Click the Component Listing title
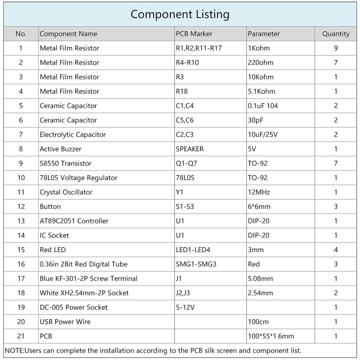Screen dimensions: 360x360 click(x=180, y=14)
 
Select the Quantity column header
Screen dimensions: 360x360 click(x=336, y=34)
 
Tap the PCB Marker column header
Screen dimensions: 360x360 click(x=194, y=34)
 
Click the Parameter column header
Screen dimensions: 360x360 click(x=264, y=34)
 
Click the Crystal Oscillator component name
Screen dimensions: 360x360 click(x=66, y=192)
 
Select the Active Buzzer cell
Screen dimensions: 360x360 click(x=60, y=149)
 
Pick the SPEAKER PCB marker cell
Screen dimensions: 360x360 click(x=190, y=149)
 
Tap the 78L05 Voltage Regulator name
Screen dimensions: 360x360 click(x=78, y=178)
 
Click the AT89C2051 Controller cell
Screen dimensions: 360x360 click(x=74, y=221)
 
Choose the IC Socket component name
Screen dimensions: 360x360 click(x=54, y=235)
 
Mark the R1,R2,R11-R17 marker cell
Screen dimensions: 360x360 click(x=199, y=48)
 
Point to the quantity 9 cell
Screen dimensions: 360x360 click(x=336, y=48)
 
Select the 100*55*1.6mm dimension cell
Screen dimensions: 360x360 click(x=271, y=336)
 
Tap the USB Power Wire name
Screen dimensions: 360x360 click(x=65, y=322)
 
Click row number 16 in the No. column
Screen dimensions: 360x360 click(x=21, y=264)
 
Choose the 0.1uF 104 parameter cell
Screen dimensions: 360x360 click(x=263, y=106)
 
